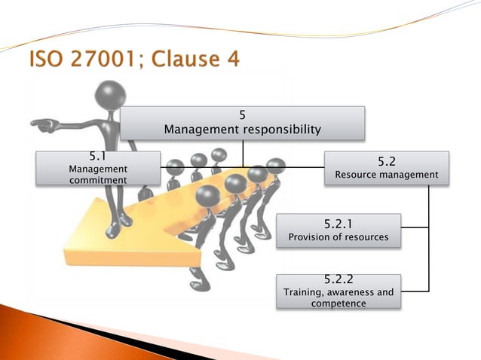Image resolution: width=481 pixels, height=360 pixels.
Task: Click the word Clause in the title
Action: [x=184, y=58]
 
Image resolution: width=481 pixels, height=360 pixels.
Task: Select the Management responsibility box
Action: [x=242, y=123]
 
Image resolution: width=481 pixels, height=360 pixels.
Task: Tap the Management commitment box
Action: [x=98, y=167]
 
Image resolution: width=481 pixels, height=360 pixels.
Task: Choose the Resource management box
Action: [x=386, y=167]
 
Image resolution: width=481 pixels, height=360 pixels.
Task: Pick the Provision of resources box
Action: [x=339, y=230]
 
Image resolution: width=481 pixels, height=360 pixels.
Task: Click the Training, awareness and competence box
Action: [x=339, y=291]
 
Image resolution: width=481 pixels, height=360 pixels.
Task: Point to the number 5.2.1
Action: [x=339, y=224]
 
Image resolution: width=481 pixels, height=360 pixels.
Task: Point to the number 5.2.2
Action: [x=339, y=280]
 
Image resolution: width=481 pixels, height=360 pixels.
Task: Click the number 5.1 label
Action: [x=98, y=157]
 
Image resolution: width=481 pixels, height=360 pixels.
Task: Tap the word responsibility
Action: [x=280, y=130]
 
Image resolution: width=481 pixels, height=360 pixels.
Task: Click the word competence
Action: [x=339, y=303]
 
